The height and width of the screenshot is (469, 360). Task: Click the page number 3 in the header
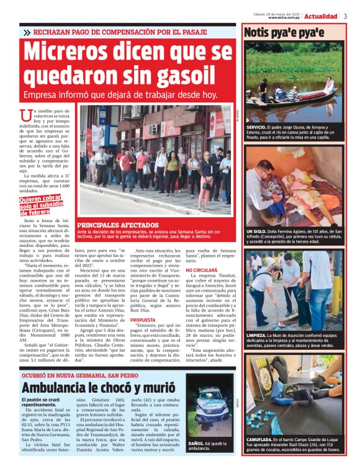344,16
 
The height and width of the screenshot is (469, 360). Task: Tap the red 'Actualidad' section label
321,16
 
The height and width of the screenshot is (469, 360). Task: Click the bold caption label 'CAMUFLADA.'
261,439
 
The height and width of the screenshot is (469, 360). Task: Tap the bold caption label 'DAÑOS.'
197,443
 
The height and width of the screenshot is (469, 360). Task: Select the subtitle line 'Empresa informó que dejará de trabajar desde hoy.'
120,95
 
